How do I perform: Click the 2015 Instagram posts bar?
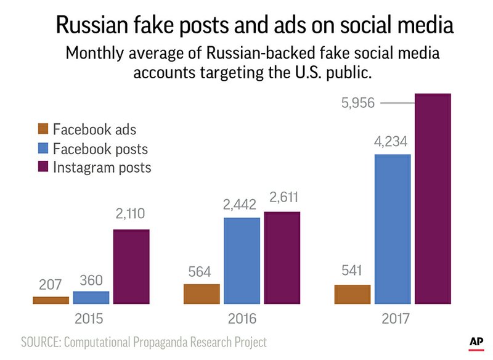pos(131,266)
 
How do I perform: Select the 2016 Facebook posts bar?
pos(242,260)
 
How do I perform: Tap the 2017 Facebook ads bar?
pos(352,294)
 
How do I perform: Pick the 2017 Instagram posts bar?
pos(433,198)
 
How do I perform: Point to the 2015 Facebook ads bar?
pos(51,300)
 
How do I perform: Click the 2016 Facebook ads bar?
pos(202,294)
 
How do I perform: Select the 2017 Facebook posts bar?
pos(393,229)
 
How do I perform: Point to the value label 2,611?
pos(282,201)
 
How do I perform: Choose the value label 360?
pos(91,280)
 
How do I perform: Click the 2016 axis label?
pos(242,319)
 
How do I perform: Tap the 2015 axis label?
pos(91,319)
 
